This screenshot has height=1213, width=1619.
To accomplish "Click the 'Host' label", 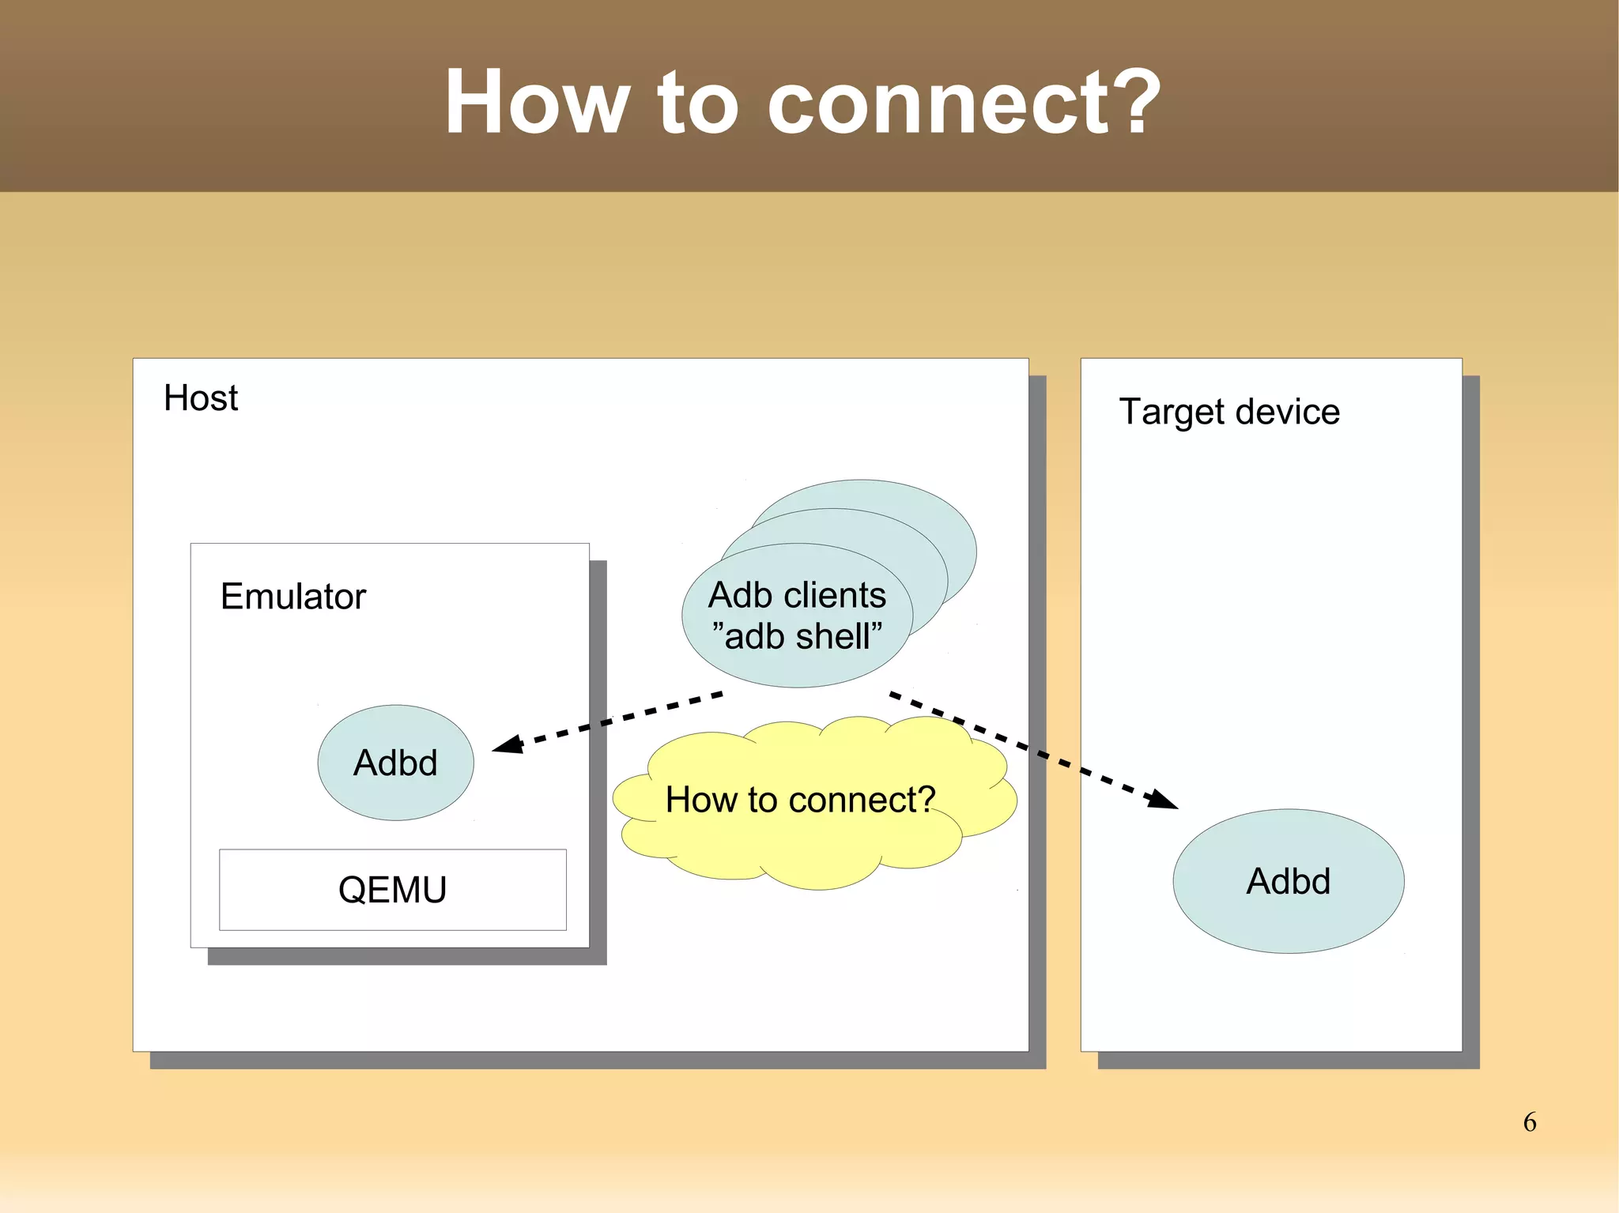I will [x=200, y=398].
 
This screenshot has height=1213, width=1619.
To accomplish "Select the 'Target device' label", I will [x=1228, y=412].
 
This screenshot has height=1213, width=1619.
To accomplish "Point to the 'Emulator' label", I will [x=292, y=597].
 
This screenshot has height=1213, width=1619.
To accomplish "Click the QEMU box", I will [x=392, y=890].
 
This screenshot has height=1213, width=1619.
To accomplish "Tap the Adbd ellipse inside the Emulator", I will [x=395, y=763].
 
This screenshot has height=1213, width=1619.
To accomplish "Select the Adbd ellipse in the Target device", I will [x=1288, y=881].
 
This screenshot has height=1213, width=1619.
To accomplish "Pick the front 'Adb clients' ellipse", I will [x=796, y=616].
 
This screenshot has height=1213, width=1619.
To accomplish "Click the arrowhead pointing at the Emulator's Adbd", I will [x=508, y=744].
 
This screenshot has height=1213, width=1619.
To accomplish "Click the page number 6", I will [x=1530, y=1122].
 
